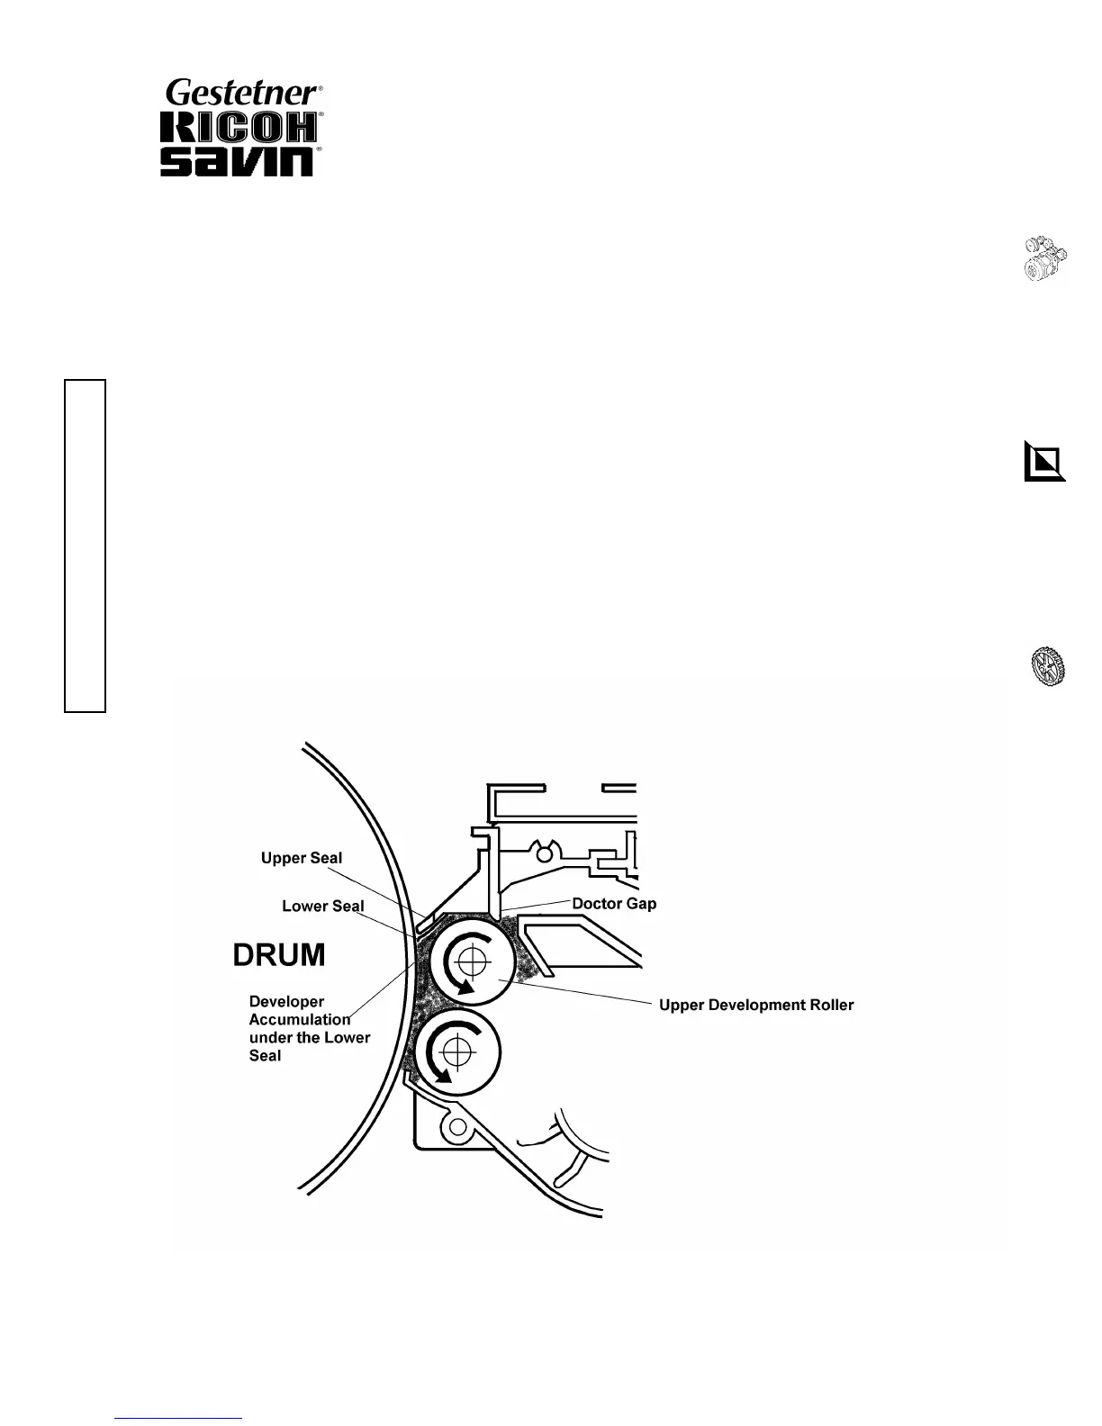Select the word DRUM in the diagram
pos(279,955)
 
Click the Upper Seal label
pos(302,858)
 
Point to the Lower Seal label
pos(322,906)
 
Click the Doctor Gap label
pos(615,903)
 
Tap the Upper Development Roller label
pos(756,1005)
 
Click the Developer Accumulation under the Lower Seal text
pos(309,1028)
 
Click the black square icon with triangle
pos(1044,462)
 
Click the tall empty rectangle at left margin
pos(85,546)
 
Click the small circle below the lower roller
pos(457,1127)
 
